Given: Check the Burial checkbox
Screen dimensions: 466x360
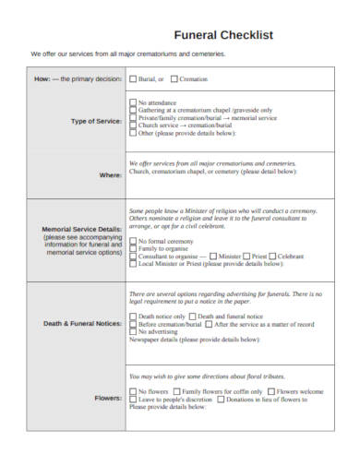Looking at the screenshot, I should tap(134, 78).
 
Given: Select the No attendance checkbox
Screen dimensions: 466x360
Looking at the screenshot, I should tap(134, 102).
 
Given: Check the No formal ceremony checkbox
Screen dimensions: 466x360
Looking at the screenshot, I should tap(134, 242).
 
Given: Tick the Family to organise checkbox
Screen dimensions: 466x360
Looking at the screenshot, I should tap(134, 249).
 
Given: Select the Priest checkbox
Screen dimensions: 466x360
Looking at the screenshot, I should tap(246, 257).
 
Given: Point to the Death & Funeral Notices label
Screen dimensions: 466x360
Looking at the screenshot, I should tap(81, 324).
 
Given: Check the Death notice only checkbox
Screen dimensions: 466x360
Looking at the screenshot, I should tap(134, 317).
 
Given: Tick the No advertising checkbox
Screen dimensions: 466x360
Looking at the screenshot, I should tap(134, 332).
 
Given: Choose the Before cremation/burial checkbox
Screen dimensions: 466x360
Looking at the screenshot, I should tap(134, 325).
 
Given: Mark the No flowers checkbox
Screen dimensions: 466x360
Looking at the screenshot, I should tap(134, 392).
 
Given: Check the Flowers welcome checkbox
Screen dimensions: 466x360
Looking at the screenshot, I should tap(278, 392).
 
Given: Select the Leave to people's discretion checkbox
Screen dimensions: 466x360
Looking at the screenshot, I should tap(134, 400).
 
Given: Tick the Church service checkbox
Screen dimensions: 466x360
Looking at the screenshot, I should tap(134, 125).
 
